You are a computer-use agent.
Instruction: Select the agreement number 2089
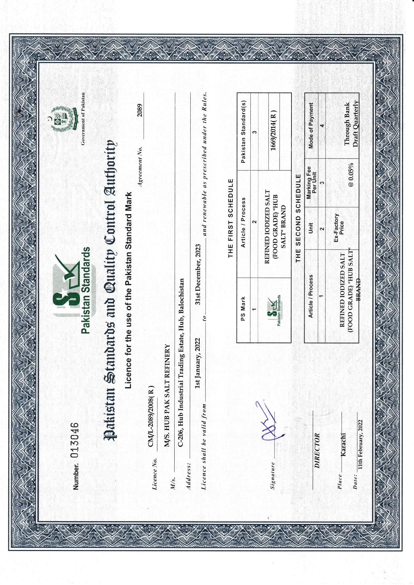(x=140, y=110)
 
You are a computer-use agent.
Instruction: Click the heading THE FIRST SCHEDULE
(x=230, y=218)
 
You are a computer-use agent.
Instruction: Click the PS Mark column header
(x=243, y=309)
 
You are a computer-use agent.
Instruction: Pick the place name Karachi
(x=343, y=445)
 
